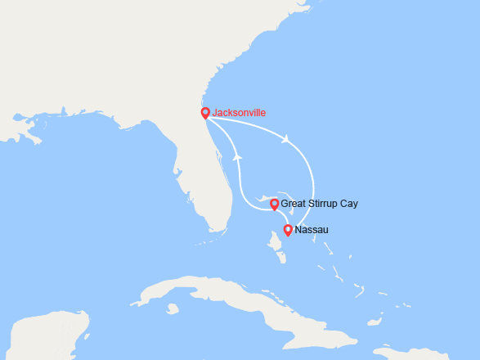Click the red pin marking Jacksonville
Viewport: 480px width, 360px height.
(x=204, y=114)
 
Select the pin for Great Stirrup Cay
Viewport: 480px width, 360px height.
(x=274, y=203)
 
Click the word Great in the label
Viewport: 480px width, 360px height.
(x=294, y=204)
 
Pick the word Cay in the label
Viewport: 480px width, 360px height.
(x=349, y=204)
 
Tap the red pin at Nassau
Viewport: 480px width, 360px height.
(x=287, y=230)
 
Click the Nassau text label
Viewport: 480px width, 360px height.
(x=311, y=230)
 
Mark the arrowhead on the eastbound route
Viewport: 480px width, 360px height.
(x=286, y=139)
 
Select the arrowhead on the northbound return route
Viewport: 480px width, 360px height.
(x=238, y=155)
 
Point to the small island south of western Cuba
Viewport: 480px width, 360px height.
(x=172, y=308)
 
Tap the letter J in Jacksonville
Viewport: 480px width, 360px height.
(x=214, y=113)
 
